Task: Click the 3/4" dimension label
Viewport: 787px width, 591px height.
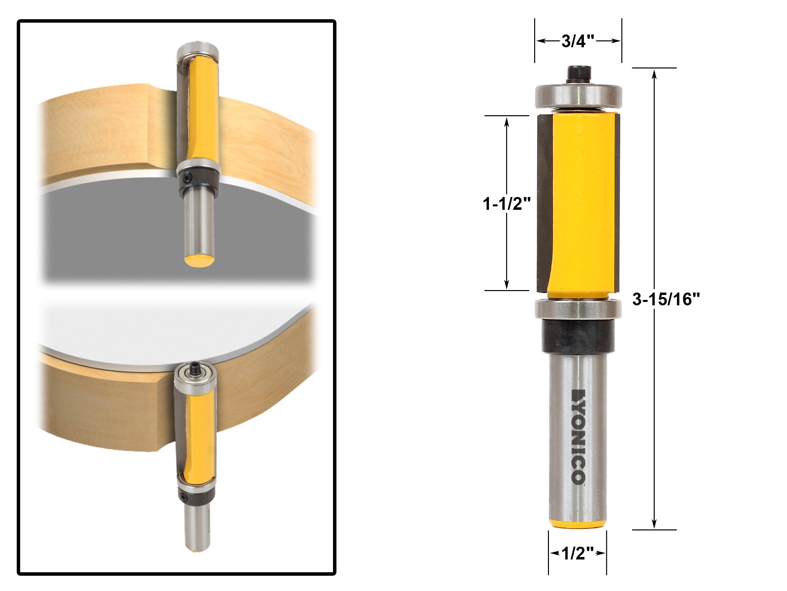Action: [x=578, y=41]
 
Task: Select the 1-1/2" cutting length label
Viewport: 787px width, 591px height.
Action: [x=506, y=204]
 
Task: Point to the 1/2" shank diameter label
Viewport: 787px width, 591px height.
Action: [x=577, y=553]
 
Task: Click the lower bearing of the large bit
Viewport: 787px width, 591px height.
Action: [x=578, y=309]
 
